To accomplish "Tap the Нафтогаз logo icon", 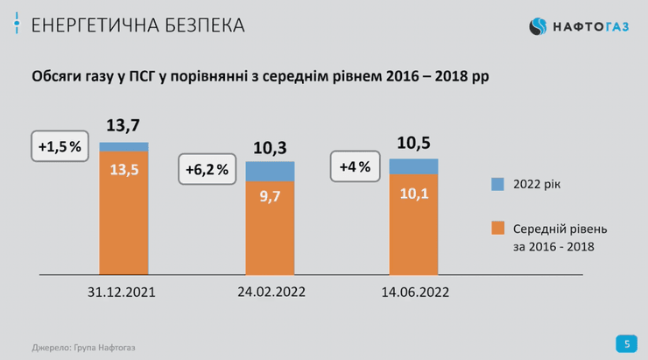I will [x=539, y=27].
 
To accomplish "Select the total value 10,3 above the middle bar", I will [x=270, y=147].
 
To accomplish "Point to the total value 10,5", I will [x=413, y=144].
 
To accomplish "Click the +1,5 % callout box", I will [x=59, y=147].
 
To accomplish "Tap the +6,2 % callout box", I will [x=207, y=169].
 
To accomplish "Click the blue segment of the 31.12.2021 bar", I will [x=124, y=146].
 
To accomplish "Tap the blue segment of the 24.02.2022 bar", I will [x=270, y=172].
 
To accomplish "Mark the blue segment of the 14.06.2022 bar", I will [x=413, y=166].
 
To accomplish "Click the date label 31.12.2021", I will [x=124, y=292].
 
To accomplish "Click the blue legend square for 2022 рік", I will [x=497, y=184].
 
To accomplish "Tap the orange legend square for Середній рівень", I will [x=497, y=228].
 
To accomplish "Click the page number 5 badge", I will [x=626, y=342].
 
